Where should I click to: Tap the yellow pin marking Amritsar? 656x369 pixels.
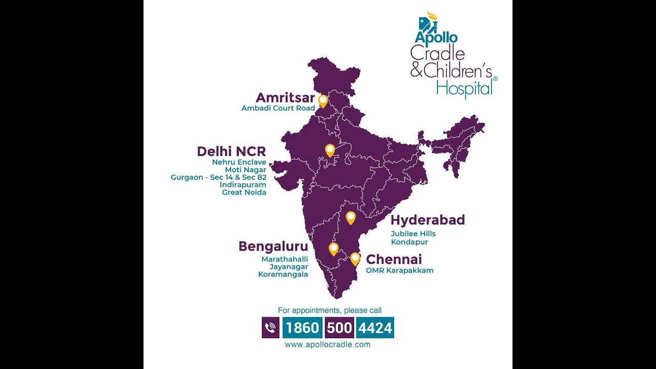click(x=323, y=100)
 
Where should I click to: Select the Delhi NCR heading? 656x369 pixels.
click(x=232, y=152)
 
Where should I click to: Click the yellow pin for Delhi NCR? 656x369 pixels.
click(x=330, y=150)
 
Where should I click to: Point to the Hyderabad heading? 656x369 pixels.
click(x=427, y=220)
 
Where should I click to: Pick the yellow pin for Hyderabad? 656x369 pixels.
click(x=351, y=217)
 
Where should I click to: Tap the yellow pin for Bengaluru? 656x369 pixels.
click(x=334, y=249)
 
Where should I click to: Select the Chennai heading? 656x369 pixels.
click(x=394, y=259)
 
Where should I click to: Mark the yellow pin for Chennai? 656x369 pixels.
click(x=355, y=258)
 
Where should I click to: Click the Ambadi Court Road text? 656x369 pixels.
click(x=278, y=109)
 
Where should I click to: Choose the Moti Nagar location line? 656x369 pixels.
click(x=245, y=170)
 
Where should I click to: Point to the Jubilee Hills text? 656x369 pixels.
click(x=413, y=234)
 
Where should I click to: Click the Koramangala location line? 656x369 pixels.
click(x=283, y=274)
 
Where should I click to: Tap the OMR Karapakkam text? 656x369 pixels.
click(x=400, y=271)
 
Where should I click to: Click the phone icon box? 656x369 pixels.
click(x=271, y=327)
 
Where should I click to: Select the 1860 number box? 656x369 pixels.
click(x=302, y=327)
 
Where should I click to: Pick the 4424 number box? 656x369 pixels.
click(x=375, y=327)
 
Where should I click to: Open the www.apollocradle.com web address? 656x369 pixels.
click(x=327, y=345)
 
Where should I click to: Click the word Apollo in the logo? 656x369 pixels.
click(x=436, y=37)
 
